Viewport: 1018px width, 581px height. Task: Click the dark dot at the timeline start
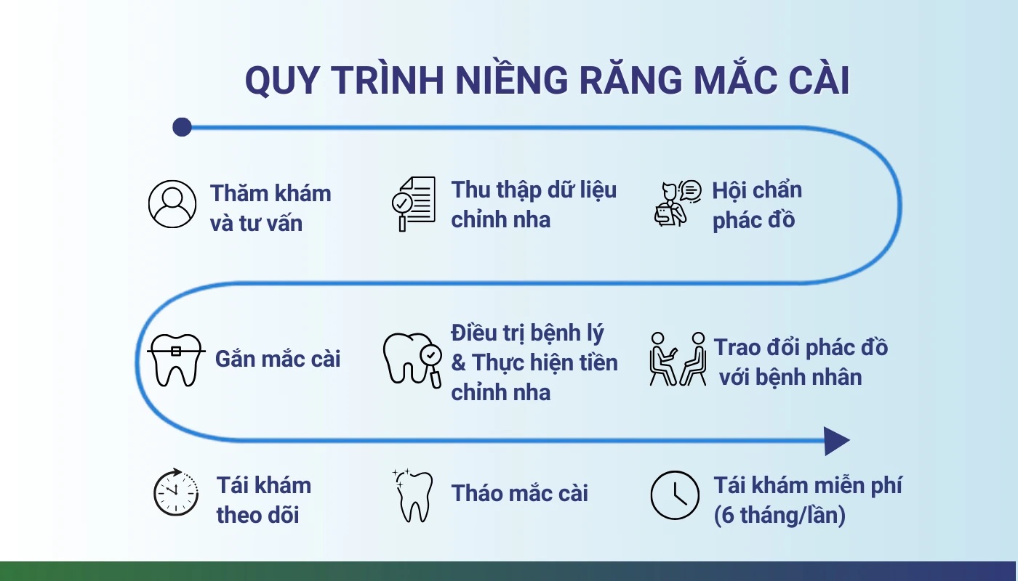coord(182,127)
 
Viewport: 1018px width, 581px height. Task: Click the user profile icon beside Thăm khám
coord(172,204)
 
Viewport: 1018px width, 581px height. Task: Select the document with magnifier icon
coord(414,204)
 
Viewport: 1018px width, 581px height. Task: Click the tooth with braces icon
coord(176,360)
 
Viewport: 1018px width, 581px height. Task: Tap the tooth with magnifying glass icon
coord(412,360)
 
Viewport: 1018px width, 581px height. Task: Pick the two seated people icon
coord(678,359)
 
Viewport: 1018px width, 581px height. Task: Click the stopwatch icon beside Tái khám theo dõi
coord(176,492)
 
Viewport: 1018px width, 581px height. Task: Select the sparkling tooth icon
coord(412,495)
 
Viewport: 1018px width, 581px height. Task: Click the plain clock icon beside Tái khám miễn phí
coord(675,495)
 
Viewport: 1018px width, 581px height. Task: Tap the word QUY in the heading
coord(281,81)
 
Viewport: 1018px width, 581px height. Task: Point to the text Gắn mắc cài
coord(278,359)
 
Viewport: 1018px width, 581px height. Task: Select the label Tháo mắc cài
coord(519,493)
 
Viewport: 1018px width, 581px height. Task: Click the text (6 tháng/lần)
coord(779,515)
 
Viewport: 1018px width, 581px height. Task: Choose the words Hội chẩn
coord(757,190)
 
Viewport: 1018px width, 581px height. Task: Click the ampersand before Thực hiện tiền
coord(459,362)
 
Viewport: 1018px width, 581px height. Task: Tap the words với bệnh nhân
coord(790,377)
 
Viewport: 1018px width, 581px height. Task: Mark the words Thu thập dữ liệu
coord(534,190)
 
